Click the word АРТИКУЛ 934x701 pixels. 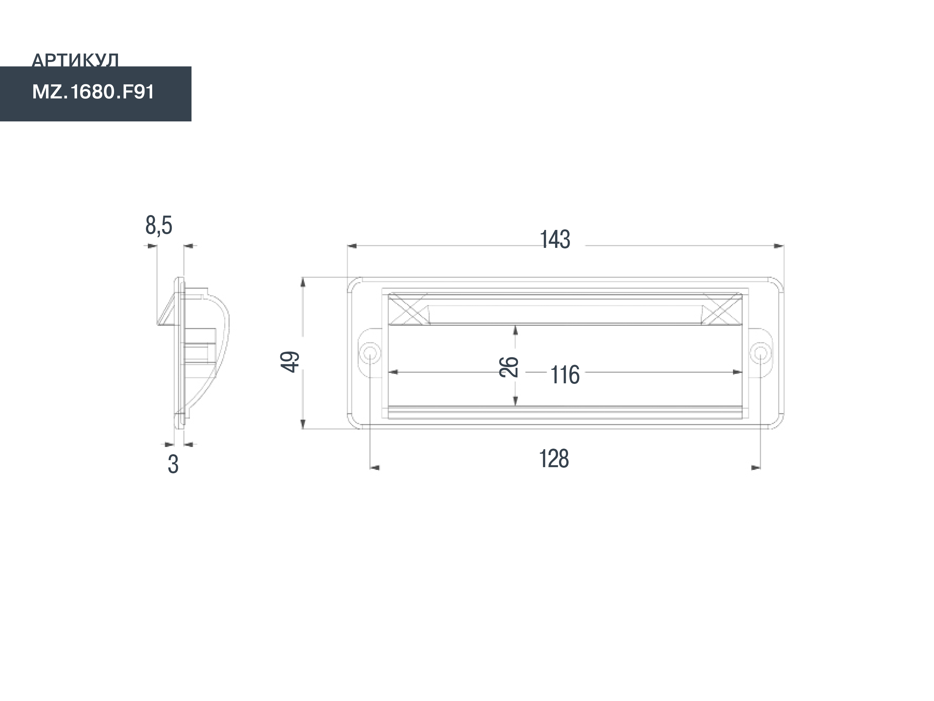75,60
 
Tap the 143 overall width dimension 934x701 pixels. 555,239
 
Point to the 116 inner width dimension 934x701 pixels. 565,375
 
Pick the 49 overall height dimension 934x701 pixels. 290,362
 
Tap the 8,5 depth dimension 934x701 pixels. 159,225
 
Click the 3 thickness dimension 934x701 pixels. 173,464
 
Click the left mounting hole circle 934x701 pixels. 369,352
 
